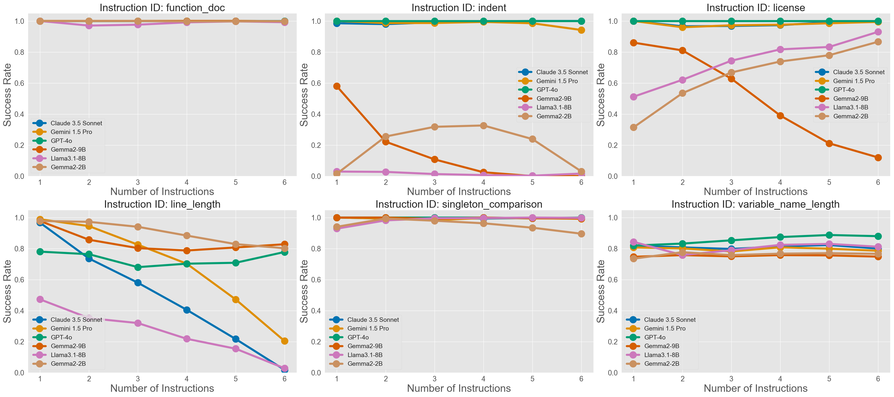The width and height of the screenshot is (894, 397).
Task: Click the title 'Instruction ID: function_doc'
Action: [x=162, y=8]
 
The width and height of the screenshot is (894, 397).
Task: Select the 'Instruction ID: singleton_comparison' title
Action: [x=459, y=204]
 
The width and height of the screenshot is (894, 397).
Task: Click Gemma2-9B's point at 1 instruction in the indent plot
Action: [x=337, y=86]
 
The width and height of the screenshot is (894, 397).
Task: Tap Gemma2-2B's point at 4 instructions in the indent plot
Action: [x=484, y=126]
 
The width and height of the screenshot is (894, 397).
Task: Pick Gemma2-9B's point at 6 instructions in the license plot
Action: [x=878, y=158]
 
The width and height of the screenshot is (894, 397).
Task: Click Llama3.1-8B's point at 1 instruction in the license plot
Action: [x=633, y=97]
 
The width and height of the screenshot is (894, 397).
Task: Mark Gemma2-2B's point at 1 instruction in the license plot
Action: [x=633, y=127]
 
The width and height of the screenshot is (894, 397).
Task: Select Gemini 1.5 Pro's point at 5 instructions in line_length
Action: [x=236, y=299]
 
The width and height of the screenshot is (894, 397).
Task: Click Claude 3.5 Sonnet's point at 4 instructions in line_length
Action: [x=187, y=310]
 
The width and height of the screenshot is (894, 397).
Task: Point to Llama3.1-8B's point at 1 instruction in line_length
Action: [x=40, y=299]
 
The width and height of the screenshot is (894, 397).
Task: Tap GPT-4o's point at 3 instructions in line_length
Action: [x=138, y=267]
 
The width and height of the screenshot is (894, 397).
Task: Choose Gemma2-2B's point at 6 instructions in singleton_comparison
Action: [x=581, y=234]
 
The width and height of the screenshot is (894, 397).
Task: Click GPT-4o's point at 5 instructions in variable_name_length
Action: [x=829, y=235]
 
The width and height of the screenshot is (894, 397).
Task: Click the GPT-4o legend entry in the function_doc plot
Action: [x=61, y=141]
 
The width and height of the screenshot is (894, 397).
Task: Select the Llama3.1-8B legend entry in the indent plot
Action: [x=554, y=107]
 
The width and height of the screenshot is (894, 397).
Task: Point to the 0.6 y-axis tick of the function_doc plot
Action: [x=19, y=83]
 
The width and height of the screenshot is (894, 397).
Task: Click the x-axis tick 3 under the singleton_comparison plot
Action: [x=435, y=379]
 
